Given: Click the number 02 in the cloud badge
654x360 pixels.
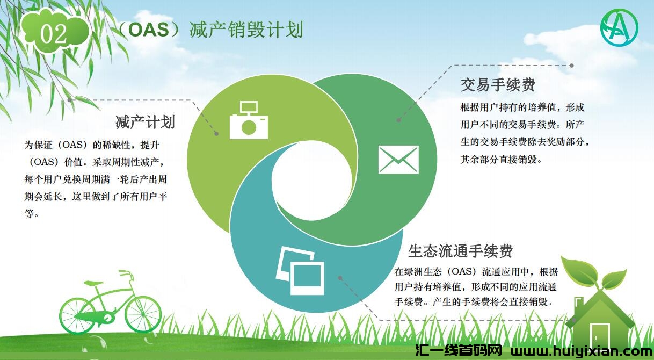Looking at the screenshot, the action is [x=53, y=34].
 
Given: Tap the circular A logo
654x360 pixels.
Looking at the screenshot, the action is [x=619, y=27].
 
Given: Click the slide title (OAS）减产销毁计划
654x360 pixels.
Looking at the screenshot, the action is [x=210, y=30].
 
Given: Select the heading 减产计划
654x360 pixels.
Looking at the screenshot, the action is [x=145, y=122].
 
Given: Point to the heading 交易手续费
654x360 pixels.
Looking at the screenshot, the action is [x=498, y=85].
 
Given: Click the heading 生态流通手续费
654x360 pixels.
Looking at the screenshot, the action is [x=460, y=251].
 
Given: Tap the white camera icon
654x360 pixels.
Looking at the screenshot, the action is [x=249, y=120].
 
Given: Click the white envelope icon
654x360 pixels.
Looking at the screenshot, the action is [x=398, y=160].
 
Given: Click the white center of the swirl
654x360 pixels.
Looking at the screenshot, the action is [x=312, y=181].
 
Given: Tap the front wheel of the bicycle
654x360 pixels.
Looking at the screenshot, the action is [x=143, y=314].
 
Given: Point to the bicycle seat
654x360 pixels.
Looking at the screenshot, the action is [x=93, y=283].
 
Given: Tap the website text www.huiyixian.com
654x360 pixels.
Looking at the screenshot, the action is [x=582, y=351].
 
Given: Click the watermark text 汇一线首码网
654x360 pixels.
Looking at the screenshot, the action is [x=459, y=351].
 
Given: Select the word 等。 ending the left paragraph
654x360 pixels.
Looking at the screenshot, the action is [x=32, y=214].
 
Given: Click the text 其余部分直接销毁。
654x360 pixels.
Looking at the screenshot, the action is [x=502, y=160].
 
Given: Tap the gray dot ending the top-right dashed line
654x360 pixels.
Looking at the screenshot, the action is [x=572, y=66].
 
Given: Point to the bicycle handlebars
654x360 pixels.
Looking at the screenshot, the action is [x=126, y=274].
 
